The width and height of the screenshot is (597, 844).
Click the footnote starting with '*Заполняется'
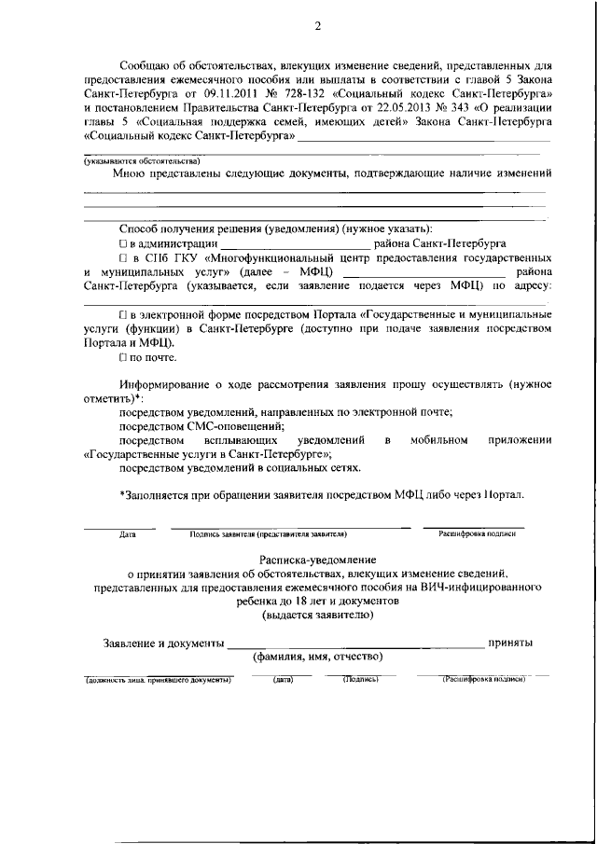click(321, 494)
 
